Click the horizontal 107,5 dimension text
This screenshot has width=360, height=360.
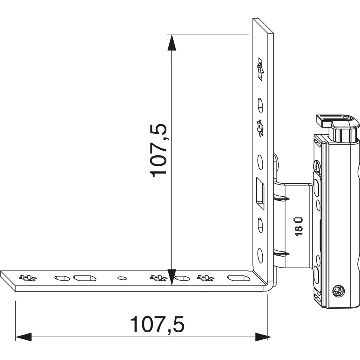click(157, 324)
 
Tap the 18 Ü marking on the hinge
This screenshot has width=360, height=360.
click(299, 226)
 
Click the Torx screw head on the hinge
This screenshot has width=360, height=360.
click(338, 292)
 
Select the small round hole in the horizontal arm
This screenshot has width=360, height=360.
click(122, 278)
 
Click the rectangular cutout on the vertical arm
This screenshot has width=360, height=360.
click(260, 193)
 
